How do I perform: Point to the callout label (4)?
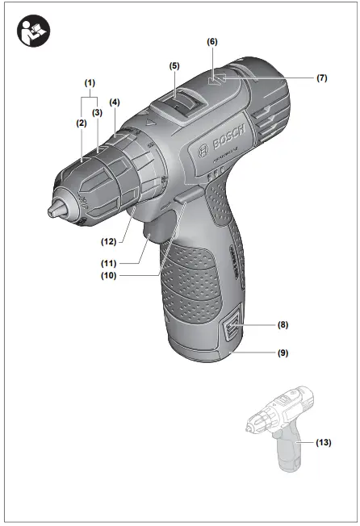(x=115, y=102)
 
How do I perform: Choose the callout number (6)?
(x=211, y=40)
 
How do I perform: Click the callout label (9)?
(x=283, y=353)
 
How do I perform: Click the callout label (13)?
(x=324, y=442)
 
